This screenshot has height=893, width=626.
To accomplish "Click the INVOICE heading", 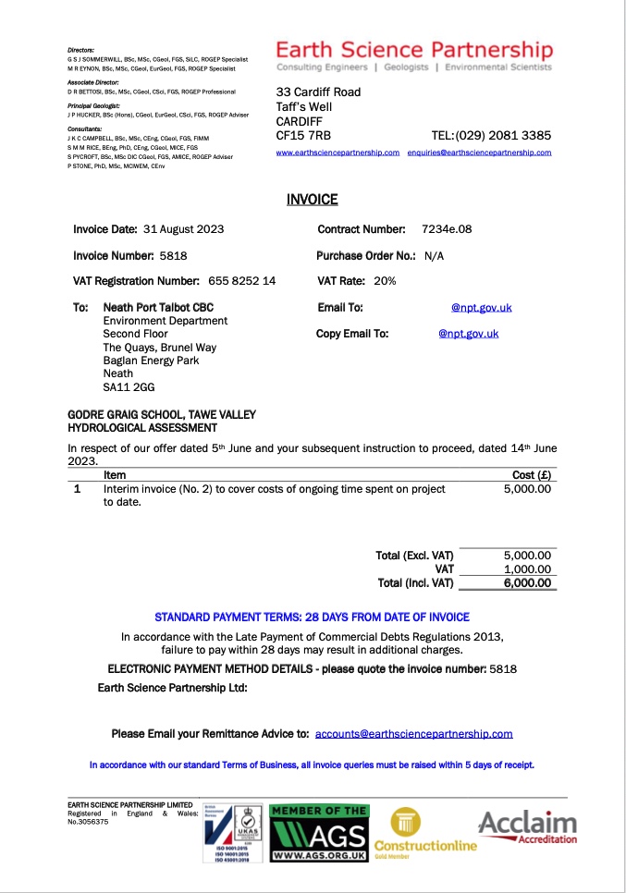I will [x=312, y=199].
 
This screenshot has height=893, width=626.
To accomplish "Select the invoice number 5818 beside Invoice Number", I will [x=173, y=254].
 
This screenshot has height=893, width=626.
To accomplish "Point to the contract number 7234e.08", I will [x=447, y=228].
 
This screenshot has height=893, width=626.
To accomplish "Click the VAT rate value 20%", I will [x=385, y=280].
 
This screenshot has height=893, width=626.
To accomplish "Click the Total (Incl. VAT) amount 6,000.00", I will [x=527, y=583].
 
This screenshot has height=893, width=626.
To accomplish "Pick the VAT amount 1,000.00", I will [x=527, y=569].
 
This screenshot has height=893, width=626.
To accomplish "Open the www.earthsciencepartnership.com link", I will [x=338, y=153].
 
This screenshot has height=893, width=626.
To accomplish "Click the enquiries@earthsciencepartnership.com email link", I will [x=479, y=153].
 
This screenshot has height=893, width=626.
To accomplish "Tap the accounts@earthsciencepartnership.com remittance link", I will [x=413, y=734].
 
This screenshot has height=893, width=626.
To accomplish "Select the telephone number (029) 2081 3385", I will [x=504, y=135].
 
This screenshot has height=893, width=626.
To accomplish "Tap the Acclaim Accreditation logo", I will [x=527, y=826].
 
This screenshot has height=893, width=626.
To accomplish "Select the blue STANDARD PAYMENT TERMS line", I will [x=312, y=617].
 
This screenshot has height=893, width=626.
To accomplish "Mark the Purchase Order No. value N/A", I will [x=435, y=255].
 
